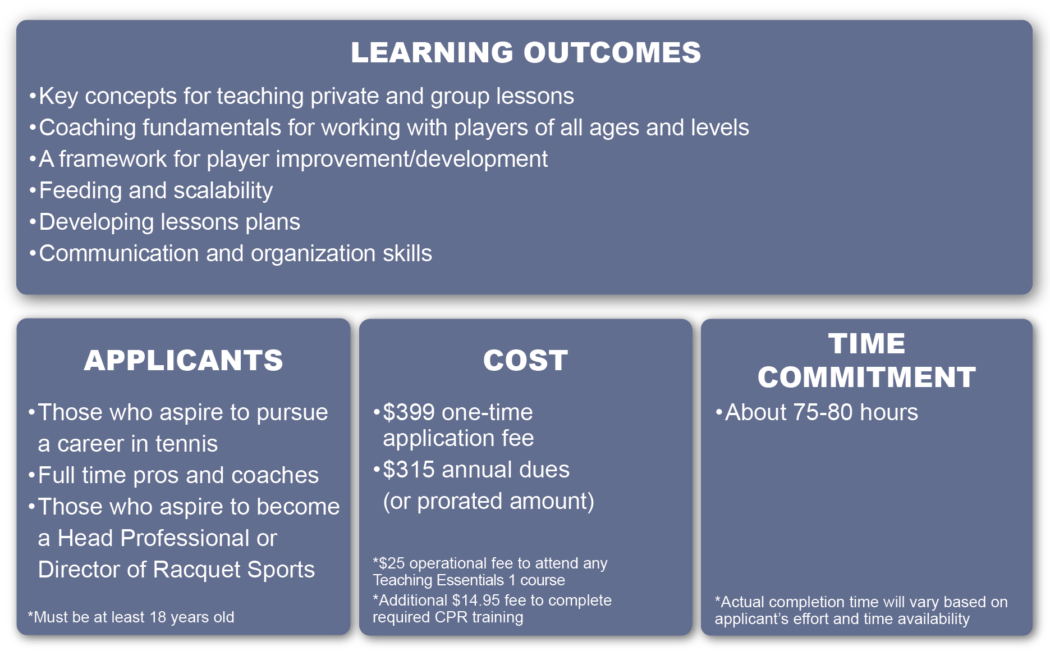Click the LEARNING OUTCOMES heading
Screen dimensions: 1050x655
pos(526,52)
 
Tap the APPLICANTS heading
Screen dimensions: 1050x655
pos(184,360)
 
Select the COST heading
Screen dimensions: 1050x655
pos(525,360)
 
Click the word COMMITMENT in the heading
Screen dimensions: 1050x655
pos(866,377)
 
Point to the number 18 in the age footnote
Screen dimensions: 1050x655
pos(158,617)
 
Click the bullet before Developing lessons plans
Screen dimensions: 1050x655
pos(33,222)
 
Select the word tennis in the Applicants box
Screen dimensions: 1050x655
pos(186,444)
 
